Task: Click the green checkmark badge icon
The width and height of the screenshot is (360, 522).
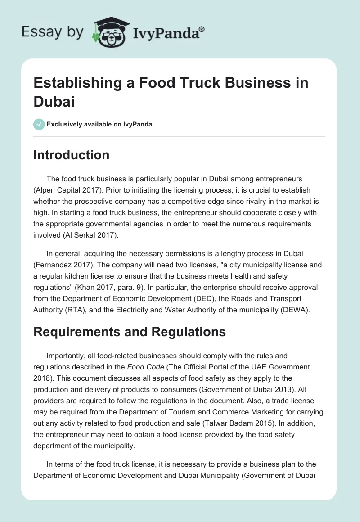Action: [x=39, y=124]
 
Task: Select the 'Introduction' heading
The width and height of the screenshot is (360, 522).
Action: [x=72, y=155]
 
